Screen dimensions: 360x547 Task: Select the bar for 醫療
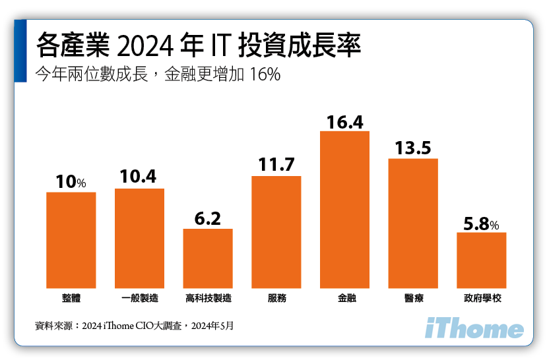point(413,223)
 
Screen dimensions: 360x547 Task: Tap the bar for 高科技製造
point(208,258)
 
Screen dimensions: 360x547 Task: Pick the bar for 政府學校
point(481,260)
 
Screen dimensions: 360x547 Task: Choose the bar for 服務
point(276,231)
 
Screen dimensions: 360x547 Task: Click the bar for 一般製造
point(139,238)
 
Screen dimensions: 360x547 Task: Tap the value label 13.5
point(413,148)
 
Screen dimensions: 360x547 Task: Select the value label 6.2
point(208,218)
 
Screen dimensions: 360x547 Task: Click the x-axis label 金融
point(344,299)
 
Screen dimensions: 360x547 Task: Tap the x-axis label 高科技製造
point(208,299)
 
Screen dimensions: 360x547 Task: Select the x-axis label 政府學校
point(481,299)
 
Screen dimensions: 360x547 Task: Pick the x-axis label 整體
point(71,299)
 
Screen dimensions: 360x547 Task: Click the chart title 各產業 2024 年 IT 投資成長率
point(199,47)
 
